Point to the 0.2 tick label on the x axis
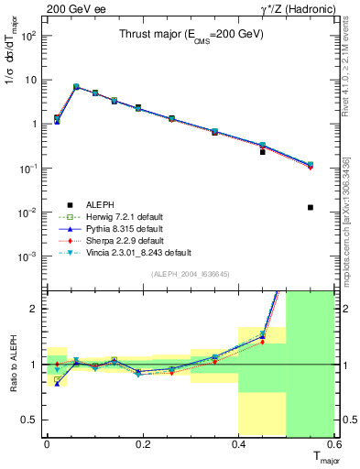pos(142,443)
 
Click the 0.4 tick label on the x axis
pos(238,443)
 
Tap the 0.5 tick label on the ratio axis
pos(30,420)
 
